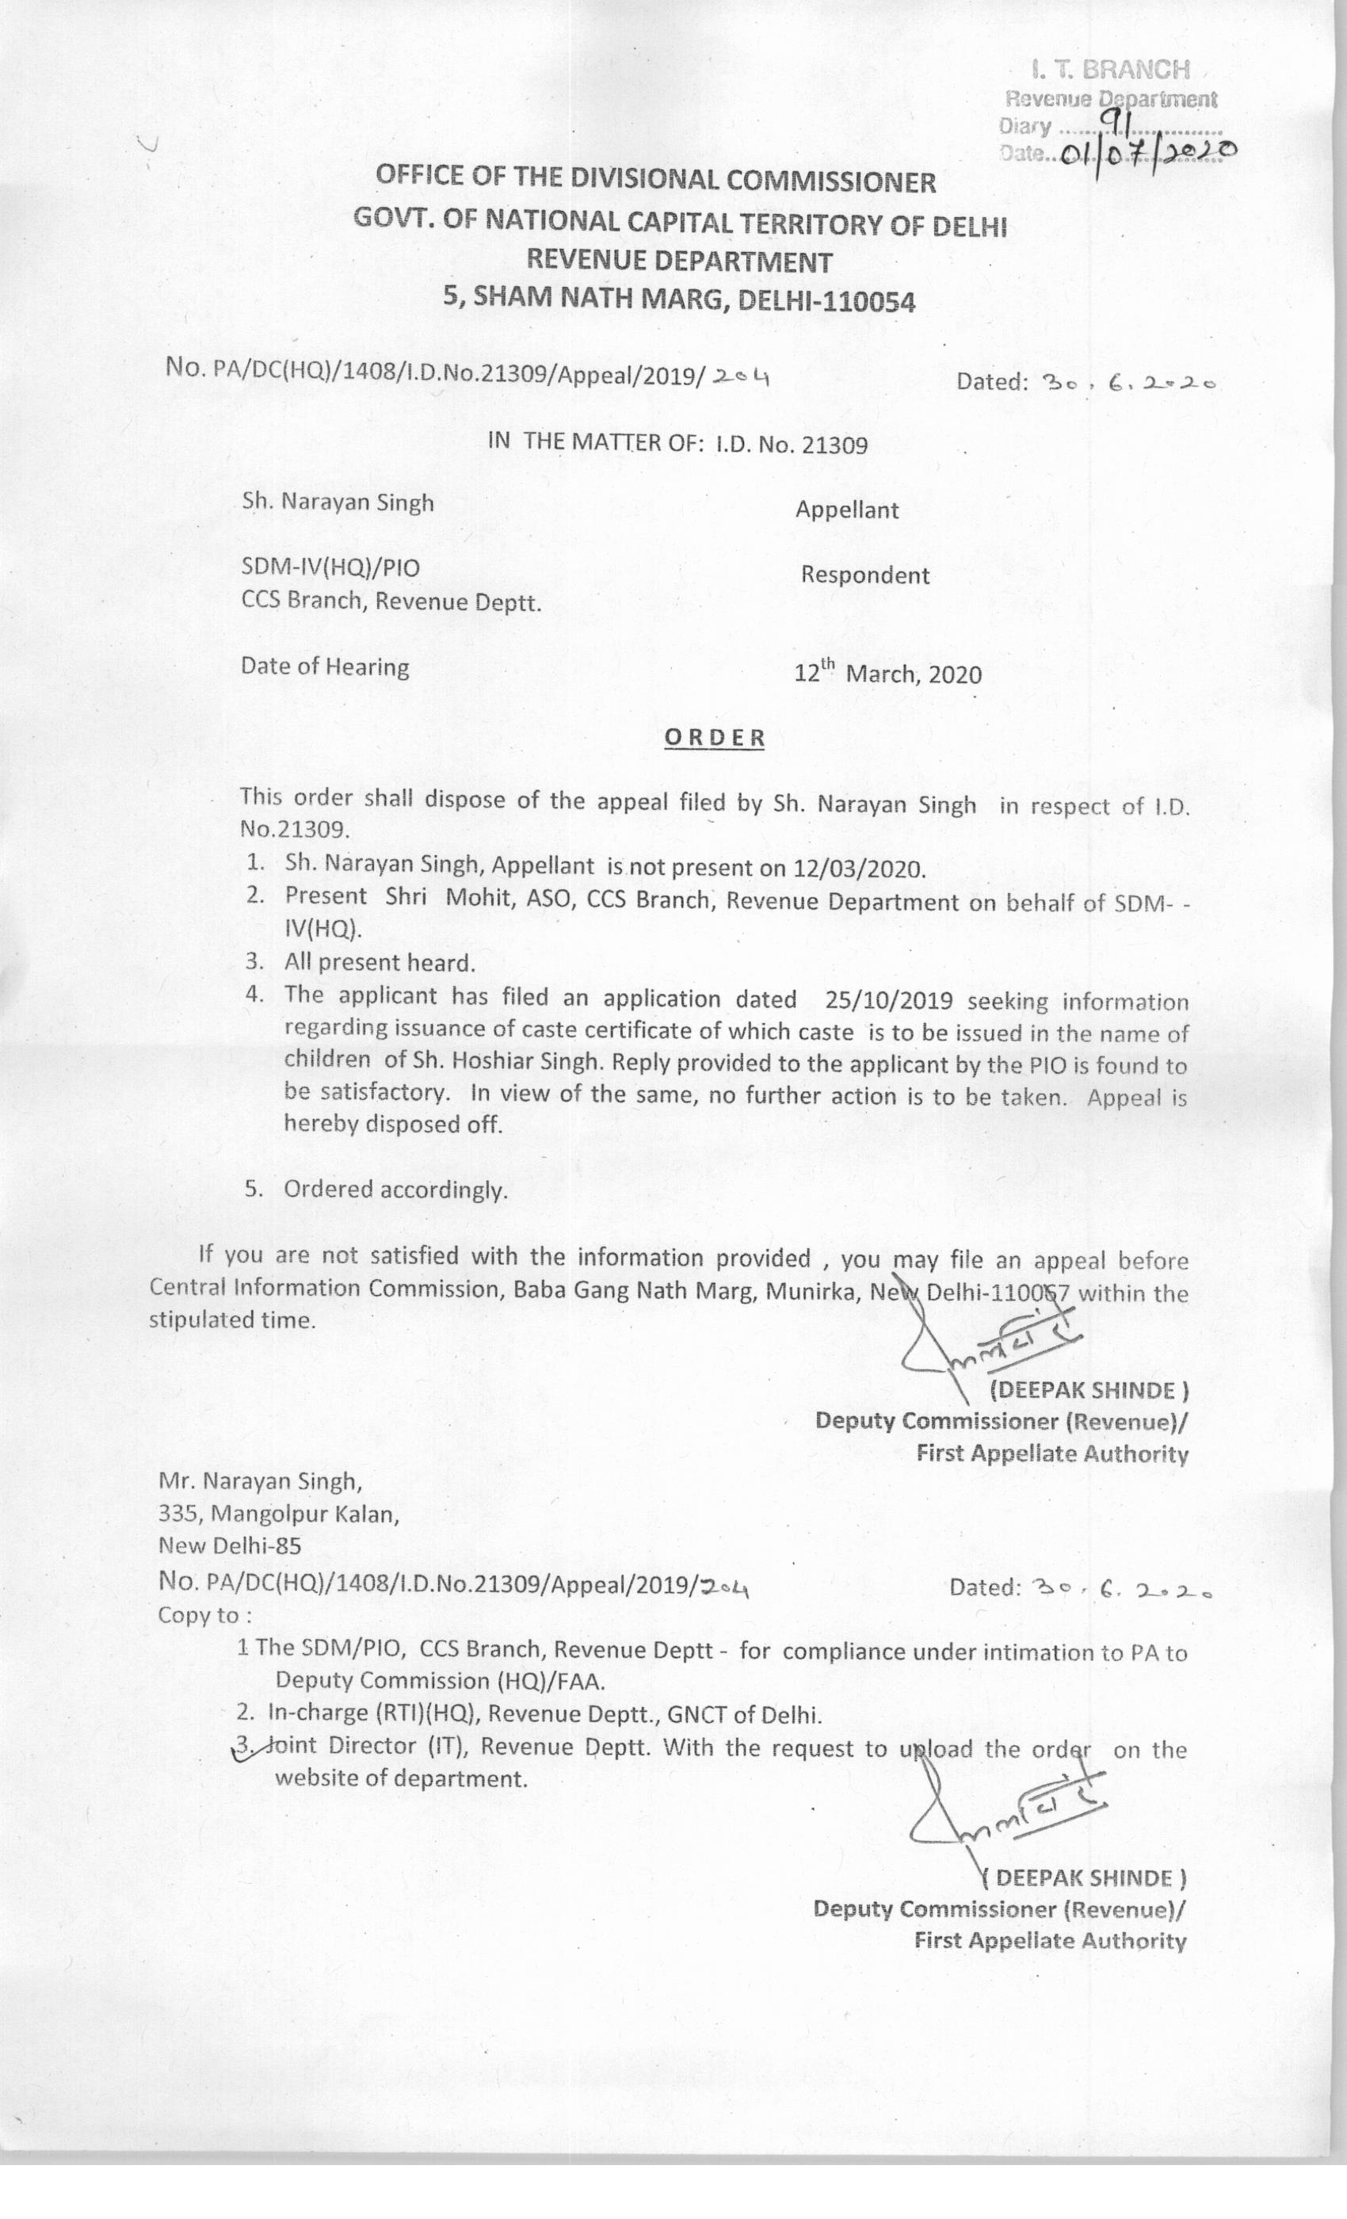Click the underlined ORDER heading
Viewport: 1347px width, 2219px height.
714,738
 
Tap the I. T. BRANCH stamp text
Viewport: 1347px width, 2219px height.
1110,70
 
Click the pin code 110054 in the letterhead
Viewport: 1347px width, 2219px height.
865,302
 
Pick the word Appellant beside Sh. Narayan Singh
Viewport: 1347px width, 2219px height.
846,510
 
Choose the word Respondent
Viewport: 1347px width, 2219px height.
864,575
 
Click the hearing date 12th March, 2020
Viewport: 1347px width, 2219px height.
887,674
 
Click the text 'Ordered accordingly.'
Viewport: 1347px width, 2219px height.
396,1190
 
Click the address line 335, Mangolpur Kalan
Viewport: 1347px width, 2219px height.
278,1514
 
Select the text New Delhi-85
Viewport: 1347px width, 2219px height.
230,1545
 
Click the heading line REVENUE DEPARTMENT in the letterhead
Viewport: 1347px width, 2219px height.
679,262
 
